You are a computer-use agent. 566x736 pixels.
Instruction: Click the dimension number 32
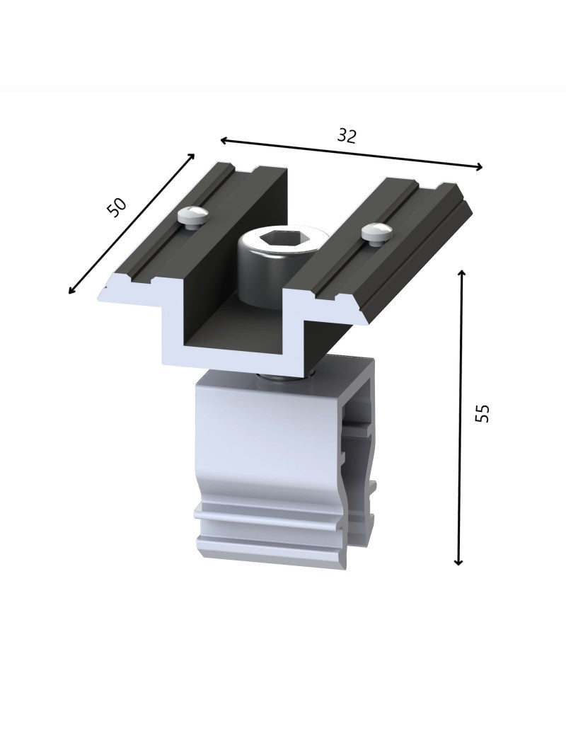[x=347, y=136]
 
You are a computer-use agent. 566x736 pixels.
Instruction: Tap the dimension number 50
[x=117, y=207]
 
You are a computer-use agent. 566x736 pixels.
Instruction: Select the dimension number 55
[x=482, y=413]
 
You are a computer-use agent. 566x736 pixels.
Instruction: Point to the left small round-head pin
[x=192, y=217]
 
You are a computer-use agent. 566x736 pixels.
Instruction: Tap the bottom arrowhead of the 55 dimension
[x=459, y=561]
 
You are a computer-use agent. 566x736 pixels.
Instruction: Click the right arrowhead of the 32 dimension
[x=478, y=166]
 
